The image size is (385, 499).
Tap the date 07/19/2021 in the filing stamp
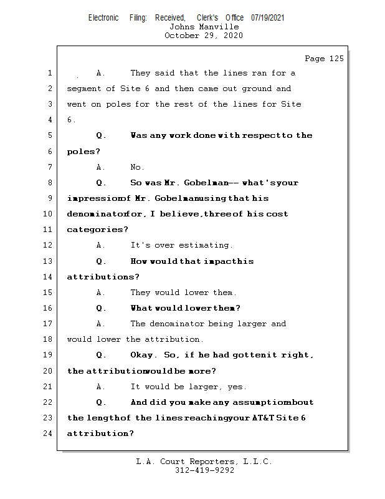pyautogui.click(x=267, y=18)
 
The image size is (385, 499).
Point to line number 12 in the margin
pyautogui.click(x=49, y=245)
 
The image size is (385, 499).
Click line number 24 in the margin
pyautogui.click(x=49, y=434)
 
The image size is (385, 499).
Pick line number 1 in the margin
pyautogui.click(x=50, y=73)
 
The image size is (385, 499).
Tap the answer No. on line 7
pyautogui.click(x=137, y=167)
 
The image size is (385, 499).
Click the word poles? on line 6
pyautogui.click(x=83, y=152)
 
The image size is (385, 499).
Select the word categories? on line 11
pyautogui.click(x=93, y=230)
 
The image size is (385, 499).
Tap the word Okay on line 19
pyautogui.click(x=143, y=355)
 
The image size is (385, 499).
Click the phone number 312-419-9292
pyautogui.click(x=204, y=471)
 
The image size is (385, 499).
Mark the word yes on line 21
pyautogui.click(x=237, y=387)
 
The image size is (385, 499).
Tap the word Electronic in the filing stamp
pyautogui.click(x=103, y=18)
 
